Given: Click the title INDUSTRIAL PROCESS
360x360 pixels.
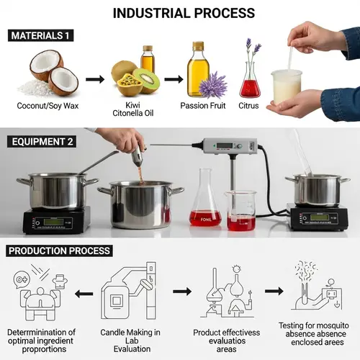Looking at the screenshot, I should coord(183,12).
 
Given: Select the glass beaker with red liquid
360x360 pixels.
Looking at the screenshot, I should coord(240,210).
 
